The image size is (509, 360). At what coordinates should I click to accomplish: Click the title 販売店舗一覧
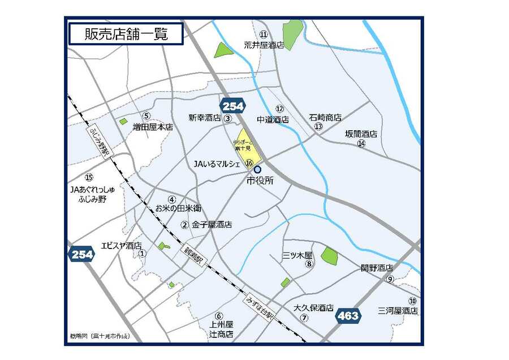126,34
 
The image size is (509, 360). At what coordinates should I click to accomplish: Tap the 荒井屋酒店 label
264,45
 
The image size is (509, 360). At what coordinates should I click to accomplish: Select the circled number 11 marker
264,35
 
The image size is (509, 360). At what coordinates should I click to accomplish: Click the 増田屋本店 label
153,127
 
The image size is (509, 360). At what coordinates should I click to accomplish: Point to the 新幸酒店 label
204,118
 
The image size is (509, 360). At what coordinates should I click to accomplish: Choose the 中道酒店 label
273,119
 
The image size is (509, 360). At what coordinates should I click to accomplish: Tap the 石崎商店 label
325,118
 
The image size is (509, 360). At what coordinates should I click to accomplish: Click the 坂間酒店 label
361,134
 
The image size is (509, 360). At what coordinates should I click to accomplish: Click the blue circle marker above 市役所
258,169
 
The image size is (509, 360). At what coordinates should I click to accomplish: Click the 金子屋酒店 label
212,225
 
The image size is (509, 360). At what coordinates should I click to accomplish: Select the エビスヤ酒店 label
121,246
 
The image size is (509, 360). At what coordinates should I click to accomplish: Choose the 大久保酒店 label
313,308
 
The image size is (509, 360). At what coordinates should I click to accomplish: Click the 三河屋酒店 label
398,311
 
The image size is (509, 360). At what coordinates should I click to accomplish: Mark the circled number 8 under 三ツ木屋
309,264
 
